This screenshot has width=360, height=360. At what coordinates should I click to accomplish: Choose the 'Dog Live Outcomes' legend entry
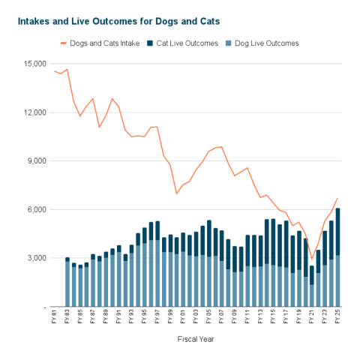coord(259,43)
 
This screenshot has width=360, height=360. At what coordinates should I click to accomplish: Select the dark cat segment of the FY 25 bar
coord(338,232)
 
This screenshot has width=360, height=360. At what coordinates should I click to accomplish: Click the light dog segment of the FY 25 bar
coord(338,281)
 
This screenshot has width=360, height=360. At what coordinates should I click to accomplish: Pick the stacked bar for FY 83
coord(67,282)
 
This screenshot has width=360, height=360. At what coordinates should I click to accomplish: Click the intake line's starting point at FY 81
coord(55,71)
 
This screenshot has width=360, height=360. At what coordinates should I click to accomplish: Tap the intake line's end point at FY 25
coord(338,198)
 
